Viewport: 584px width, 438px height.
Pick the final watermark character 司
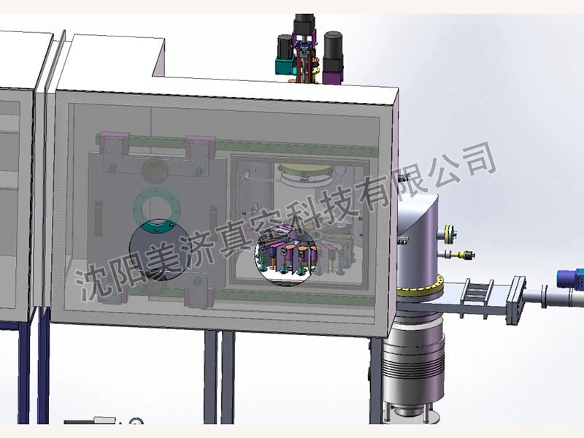pyautogui.click(x=479, y=158)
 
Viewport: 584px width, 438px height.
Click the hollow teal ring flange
pyautogui.click(x=157, y=209)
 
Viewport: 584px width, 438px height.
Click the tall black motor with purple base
pyautogui.click(x=333, y=57)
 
